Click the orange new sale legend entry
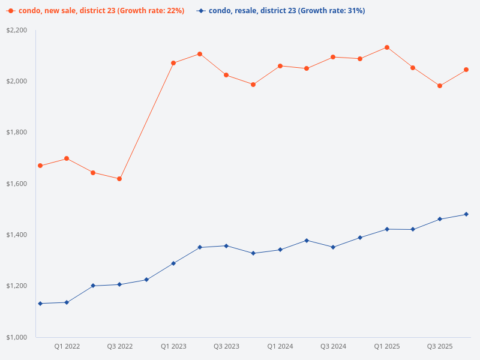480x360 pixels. coord(96,11)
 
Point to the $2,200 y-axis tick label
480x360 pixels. coord(17,30)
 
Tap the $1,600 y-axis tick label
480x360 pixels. coord(17,184)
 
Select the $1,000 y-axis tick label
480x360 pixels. coord(17,337)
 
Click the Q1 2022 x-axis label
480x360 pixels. coord(67,347)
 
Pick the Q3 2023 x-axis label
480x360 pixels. coord(226,347)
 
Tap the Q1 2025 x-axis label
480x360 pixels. coord(386,347)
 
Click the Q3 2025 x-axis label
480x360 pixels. coord(440,347)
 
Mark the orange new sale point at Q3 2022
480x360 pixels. coord(119,179)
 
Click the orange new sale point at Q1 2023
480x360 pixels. coord(173,63)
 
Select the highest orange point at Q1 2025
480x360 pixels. coord(386,47)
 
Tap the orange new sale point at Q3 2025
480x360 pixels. coord(440,86)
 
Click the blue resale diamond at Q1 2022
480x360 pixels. coord(67,302)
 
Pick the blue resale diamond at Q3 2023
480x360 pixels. coord(226,246)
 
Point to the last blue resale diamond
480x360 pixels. coord(466,214)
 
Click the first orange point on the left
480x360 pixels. coord(40,166)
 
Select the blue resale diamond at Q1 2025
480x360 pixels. coord(386,229)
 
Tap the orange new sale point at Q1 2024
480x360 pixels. coord(280,66)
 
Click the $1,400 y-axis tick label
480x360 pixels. coord(17,235)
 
